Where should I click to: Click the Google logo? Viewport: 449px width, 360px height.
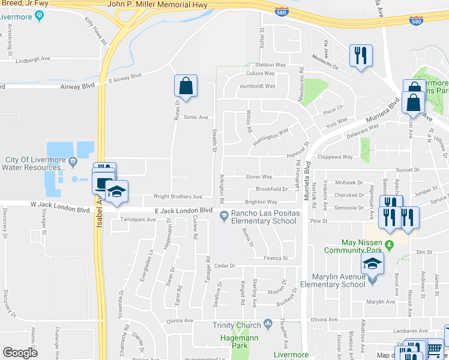point(20,352)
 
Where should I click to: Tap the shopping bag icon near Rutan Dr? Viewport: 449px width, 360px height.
point(185,86)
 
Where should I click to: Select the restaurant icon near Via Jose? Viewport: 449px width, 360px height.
point(360,56)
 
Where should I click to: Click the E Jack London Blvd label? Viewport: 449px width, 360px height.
point(184,210)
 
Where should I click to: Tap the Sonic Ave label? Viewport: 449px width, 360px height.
point(196,117)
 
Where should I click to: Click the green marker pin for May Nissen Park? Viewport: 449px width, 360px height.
point(389,243)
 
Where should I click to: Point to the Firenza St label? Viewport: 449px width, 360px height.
point(276,259)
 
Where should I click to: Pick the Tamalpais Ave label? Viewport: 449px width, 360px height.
point(137,220)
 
